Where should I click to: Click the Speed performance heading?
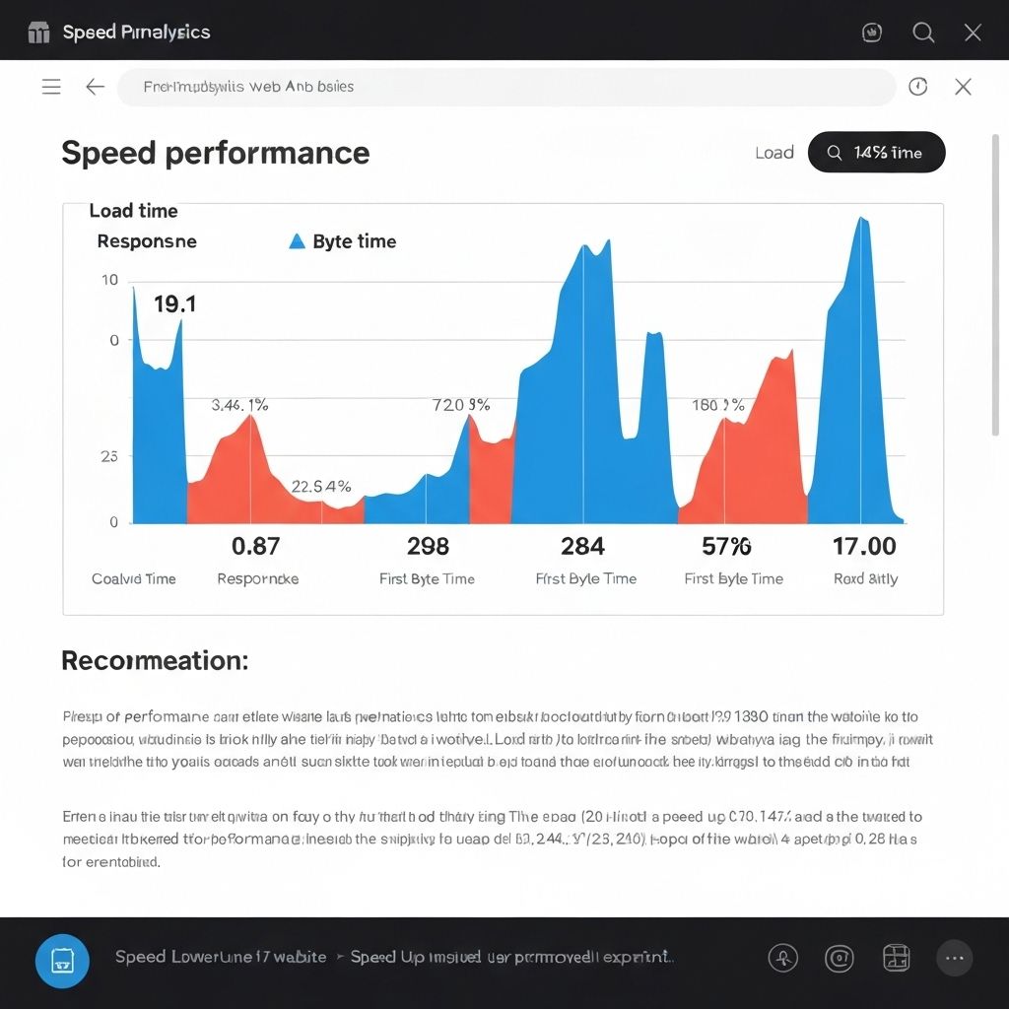[215, 153]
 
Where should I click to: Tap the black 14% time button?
[876, 153]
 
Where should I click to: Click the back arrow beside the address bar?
[95, 87]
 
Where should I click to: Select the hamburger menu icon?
[51, 87]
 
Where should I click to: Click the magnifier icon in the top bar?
[923, 33]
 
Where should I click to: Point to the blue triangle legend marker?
[297, 241]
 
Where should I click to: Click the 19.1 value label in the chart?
[174, 304]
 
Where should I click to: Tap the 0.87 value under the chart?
[255, 546]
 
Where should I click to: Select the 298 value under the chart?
[428, 546]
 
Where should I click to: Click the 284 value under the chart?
[582, 546]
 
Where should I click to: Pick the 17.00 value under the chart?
[864, 546]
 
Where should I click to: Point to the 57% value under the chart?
[726, 546]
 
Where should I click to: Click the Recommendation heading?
[155, 660]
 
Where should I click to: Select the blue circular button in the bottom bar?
[62, 961]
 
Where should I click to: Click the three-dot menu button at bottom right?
[953, 958]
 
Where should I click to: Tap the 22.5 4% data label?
[321, 486]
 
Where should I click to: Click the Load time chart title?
[133, 211]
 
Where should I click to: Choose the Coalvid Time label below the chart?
[133, 578]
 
